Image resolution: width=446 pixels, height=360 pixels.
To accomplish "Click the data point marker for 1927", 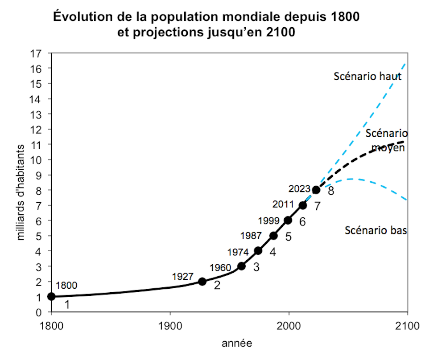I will click(x=202, y=281).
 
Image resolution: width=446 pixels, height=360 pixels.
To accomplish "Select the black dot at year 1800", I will click(x=51, y=296).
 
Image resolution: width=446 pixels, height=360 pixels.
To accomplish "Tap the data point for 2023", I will click(x=316, y=190).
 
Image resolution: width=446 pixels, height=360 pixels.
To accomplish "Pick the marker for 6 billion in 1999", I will click(x=288, y=220).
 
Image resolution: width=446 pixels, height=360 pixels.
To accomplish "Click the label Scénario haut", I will click(x=368, y=76).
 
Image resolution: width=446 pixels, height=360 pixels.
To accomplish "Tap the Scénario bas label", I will click(x=377, y=230).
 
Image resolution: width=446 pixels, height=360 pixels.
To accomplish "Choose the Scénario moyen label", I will click(x=386, y=140).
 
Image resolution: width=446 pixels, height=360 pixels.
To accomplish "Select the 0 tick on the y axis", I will click(x=44, y=312).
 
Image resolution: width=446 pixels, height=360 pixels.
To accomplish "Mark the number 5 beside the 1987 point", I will click(x=289, y=237).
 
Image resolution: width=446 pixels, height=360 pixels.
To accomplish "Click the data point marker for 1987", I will click(x=273, y=236).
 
